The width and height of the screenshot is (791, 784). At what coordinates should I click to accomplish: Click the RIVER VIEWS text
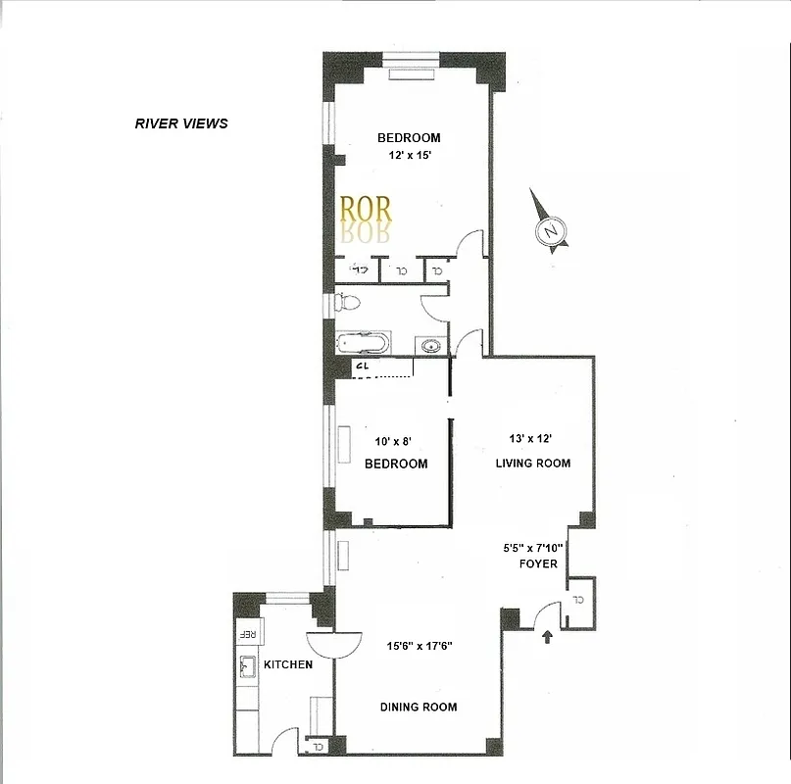(181, 123)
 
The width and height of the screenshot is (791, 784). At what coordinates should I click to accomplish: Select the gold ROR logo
(365, 209)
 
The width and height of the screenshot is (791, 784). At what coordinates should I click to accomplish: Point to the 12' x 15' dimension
(409, 156)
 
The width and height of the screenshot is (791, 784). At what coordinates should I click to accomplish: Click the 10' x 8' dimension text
(395, 443)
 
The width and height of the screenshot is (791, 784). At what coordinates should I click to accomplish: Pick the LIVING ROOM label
(532, 463)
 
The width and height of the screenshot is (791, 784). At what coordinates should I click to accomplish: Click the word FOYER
(538, 563)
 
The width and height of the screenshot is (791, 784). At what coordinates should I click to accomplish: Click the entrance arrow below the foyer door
(547, 639)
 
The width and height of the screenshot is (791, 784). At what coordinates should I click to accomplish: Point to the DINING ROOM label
(419, 707)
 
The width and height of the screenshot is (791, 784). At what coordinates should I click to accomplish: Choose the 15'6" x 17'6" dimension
(419, 645)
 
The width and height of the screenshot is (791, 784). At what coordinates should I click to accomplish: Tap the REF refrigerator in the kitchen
(246, 633)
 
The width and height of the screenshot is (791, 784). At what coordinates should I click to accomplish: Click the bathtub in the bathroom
(363, 344)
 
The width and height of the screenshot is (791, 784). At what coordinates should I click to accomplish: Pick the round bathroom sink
(429, 345)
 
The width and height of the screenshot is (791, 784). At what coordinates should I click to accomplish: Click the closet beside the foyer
(578, 598)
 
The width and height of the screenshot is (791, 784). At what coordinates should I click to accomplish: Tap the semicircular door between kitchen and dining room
(332, 644)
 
